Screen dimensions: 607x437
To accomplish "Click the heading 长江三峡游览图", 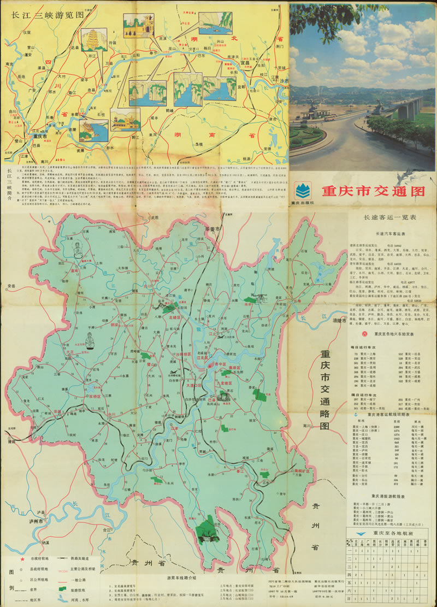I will pyautogui.click(x=45, y=15).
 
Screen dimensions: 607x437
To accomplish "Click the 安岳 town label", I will pyautogui.click(x=11, y=286).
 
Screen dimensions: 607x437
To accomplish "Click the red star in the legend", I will pyautogui.click(x=22, y=560).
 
